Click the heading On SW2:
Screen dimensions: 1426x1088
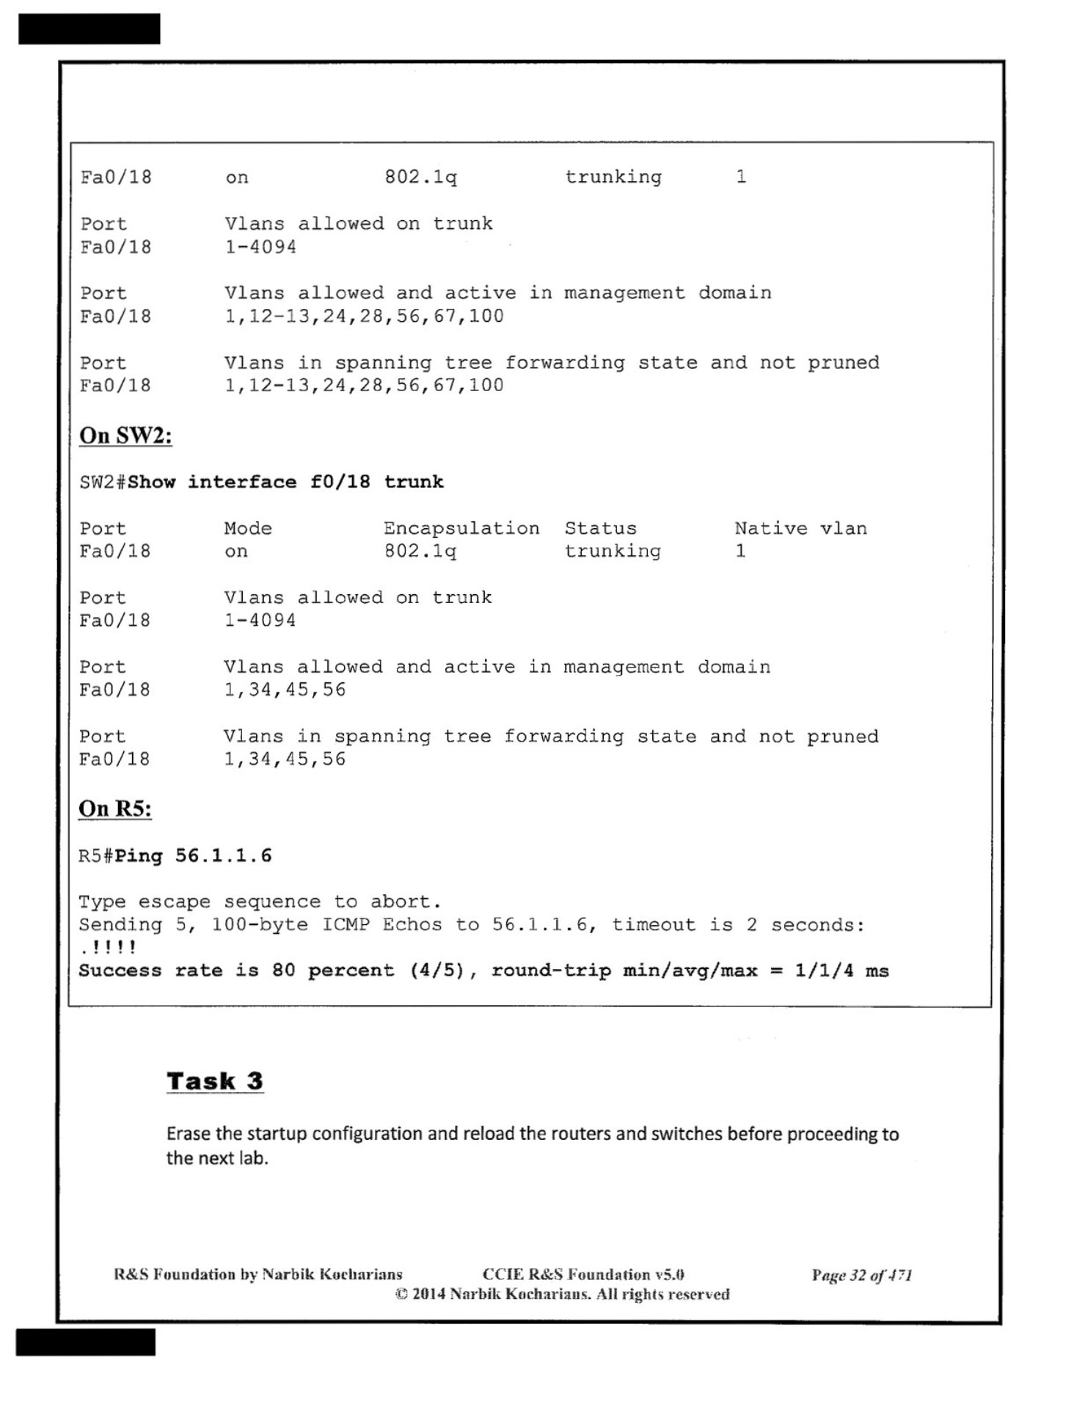coord(125,436)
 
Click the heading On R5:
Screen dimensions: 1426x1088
coord(115,809)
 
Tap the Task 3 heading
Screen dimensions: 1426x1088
coord(214,1081)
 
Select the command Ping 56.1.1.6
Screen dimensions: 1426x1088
coord(193,856)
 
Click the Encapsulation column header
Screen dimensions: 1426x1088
coord(461,528)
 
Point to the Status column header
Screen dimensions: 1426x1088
coord(600,528)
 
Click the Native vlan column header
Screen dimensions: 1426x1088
coord(800,528)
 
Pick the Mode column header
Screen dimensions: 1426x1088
coord(248,528)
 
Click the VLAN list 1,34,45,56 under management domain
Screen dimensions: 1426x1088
coord(285,690)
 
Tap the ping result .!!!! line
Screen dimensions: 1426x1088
coord(108,948)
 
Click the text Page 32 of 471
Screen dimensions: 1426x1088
coord(861,1276)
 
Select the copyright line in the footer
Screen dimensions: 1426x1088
coord(562,1295)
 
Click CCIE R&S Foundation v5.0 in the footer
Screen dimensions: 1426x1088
coord(583,1275)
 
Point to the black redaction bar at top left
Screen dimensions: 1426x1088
coord(89,29)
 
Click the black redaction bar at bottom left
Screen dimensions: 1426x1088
coord(85,1342)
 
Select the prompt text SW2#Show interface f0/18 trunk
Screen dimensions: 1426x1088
coord(261,482)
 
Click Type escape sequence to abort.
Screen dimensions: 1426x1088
coord(260,902)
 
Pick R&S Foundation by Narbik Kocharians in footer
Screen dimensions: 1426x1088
coord(258,1275)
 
